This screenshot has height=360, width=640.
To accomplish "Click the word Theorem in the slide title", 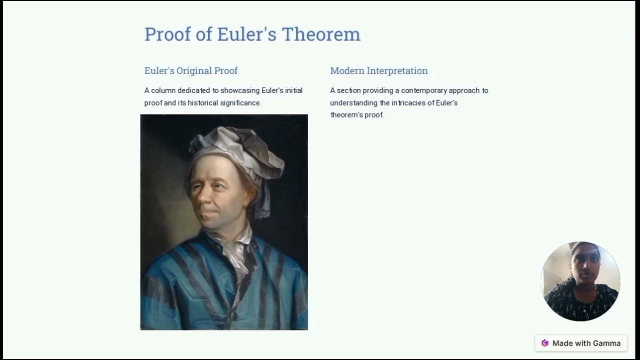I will tap(321, 34).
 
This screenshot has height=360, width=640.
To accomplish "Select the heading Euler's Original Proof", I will tap(191, 71).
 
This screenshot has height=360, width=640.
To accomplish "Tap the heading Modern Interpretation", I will tap(379, 71).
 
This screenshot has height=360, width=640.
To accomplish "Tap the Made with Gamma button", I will tap(581, 343).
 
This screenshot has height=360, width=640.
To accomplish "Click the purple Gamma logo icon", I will tap(545, 343).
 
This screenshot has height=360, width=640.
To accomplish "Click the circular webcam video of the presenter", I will tap(580, 281).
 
